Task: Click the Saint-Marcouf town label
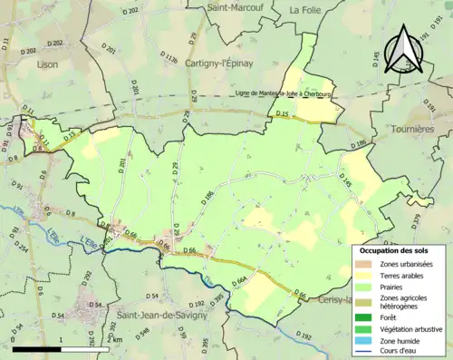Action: [x=235, y=7]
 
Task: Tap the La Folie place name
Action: [x=306, y=9]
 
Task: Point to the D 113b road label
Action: [x=168, y=56]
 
